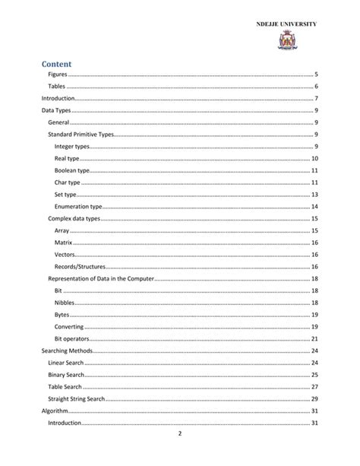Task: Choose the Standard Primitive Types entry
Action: point(80,135)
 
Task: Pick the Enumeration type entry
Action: point(77,207)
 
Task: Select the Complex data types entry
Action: point(74,219)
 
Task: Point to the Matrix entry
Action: point(64,243)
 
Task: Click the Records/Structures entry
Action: point(80,267)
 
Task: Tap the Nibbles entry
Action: point(65,303)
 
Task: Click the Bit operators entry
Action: point(72,339)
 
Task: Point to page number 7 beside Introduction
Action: point(315,99)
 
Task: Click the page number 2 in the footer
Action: point(180,435)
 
